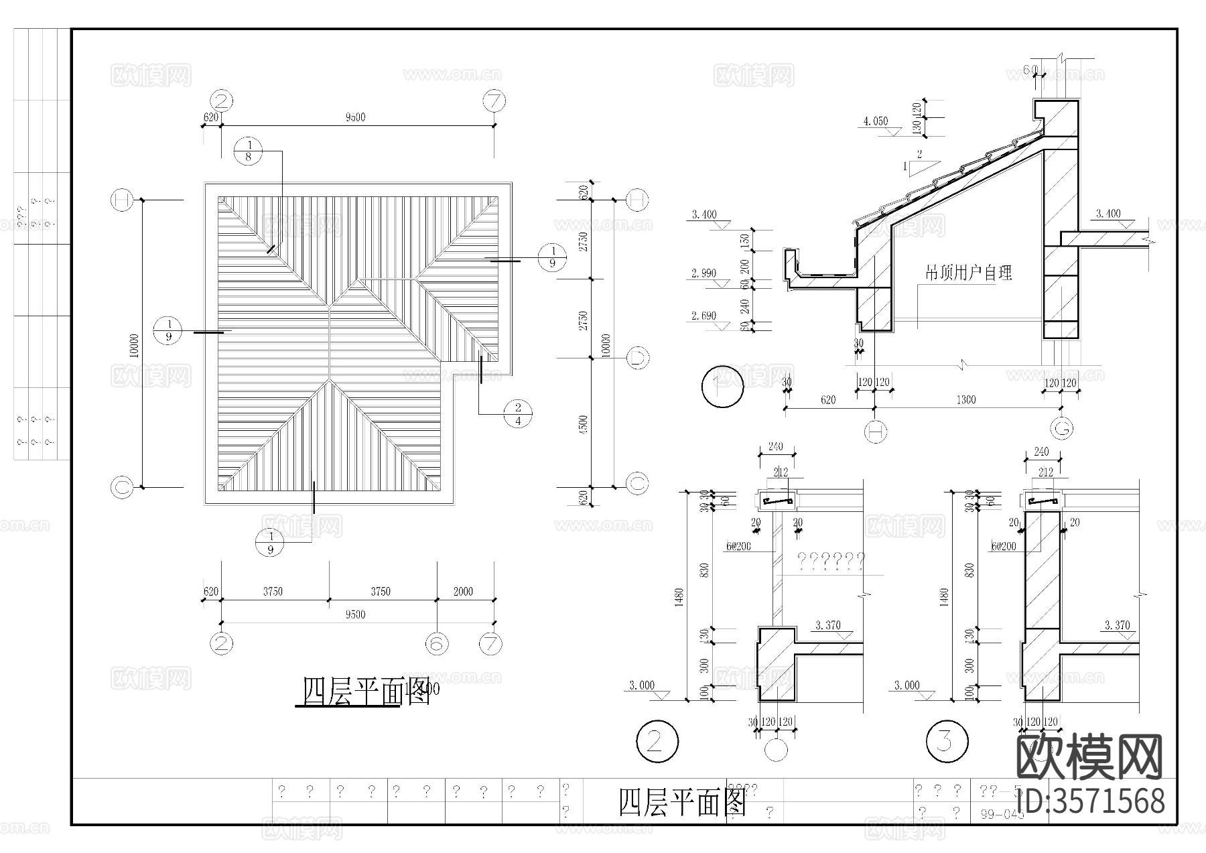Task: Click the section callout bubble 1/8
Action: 249,151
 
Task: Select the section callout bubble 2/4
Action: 517,414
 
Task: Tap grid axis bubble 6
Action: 437,643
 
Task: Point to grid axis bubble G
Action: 1062,428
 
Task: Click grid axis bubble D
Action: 637,358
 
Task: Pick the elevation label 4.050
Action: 875,121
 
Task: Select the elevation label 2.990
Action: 703,273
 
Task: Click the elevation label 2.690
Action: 703,316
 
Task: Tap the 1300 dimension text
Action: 965,400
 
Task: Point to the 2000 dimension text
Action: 462,591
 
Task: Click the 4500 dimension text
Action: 583,423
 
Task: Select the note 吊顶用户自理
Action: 968,272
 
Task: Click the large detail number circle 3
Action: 946,741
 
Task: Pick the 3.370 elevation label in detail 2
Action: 827,625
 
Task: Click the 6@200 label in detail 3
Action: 1004,546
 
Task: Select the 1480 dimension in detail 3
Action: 943,596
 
